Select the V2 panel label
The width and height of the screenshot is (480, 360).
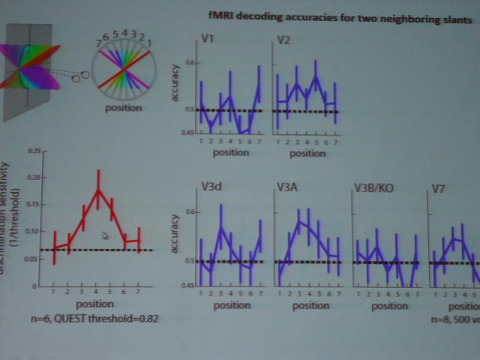tap(283, 39)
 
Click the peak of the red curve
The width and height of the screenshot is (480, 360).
tap(97, 190)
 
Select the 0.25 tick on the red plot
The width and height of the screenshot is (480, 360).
tap(31, 151)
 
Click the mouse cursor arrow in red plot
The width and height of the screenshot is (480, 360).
tap(105, 236)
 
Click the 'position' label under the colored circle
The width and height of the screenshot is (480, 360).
tap(124, 107)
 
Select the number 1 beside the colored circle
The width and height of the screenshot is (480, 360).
tap(148, 43)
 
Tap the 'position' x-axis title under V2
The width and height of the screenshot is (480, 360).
tap(307, 154)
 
